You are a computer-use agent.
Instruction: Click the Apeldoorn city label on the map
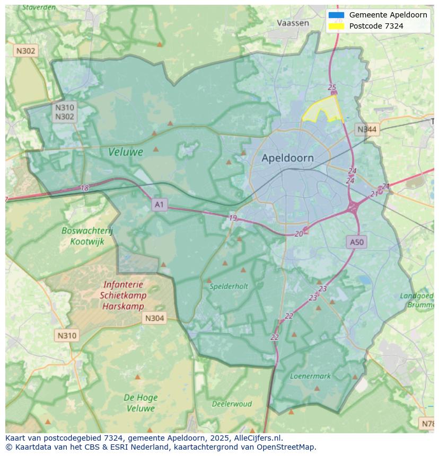click(287, 158)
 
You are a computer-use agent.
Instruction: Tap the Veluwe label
click(126, 152)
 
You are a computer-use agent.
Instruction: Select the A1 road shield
click(160, 204)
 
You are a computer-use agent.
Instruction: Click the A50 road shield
click(357, 242)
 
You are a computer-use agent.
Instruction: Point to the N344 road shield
click(367, 129)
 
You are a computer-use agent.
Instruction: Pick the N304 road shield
click(154, 318)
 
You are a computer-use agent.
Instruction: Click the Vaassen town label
click(293, 23)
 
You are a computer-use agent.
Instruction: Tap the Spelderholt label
click(229, 286)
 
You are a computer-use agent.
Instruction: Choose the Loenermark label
click(310, 376)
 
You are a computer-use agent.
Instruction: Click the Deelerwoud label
click(232, 404)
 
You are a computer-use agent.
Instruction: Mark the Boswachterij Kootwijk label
click(87, 236)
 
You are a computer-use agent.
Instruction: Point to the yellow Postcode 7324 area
click(323, 110)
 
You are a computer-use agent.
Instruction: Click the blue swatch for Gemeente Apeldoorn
click(336, 15)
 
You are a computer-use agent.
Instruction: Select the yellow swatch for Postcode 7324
click(336, 26)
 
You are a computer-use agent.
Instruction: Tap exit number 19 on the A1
click(233, 218)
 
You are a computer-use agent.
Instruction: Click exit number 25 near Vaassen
click(332, 87)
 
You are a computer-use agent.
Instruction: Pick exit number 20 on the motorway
click(298, 234)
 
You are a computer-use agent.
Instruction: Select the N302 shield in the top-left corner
click(25, 51)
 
